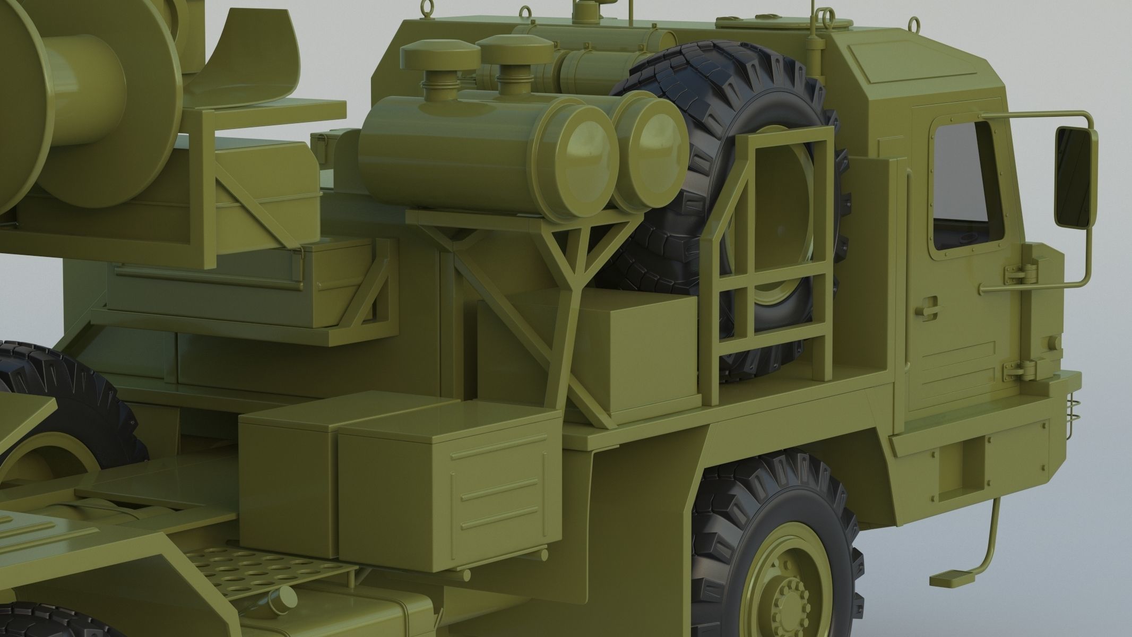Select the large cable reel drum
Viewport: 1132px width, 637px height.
[x=85, y=80]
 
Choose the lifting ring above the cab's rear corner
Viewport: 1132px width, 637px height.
[x=913, y=24]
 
